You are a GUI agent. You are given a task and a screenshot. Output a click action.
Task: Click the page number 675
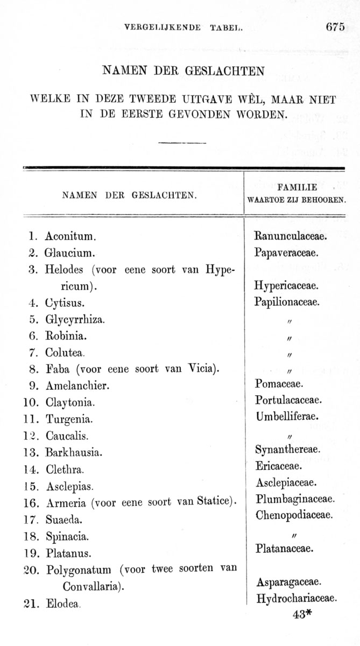[335, 27]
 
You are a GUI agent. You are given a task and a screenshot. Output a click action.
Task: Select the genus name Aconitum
[70, 236]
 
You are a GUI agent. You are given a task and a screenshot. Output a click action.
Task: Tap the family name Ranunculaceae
[291, 235]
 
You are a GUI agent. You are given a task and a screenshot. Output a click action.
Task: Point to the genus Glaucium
[70, 252]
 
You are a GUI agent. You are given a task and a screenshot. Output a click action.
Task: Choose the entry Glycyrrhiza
[75, 320]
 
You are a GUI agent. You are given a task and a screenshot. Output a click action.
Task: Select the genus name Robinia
[66, 336]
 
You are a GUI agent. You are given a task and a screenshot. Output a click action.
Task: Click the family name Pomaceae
[279, 384]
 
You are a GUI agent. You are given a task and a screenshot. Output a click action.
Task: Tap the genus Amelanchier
[77, 385]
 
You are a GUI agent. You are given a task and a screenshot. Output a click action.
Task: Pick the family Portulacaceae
[288, 400]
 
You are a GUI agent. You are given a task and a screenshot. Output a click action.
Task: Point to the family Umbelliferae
[287, 416]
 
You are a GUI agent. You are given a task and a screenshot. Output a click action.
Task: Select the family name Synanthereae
[287, 449]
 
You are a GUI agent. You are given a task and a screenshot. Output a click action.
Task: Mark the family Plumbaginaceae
[295, 498]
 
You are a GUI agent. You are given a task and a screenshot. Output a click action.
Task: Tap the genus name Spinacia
[67, 537]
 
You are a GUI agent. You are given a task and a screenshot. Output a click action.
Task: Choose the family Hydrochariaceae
[297, 598]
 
